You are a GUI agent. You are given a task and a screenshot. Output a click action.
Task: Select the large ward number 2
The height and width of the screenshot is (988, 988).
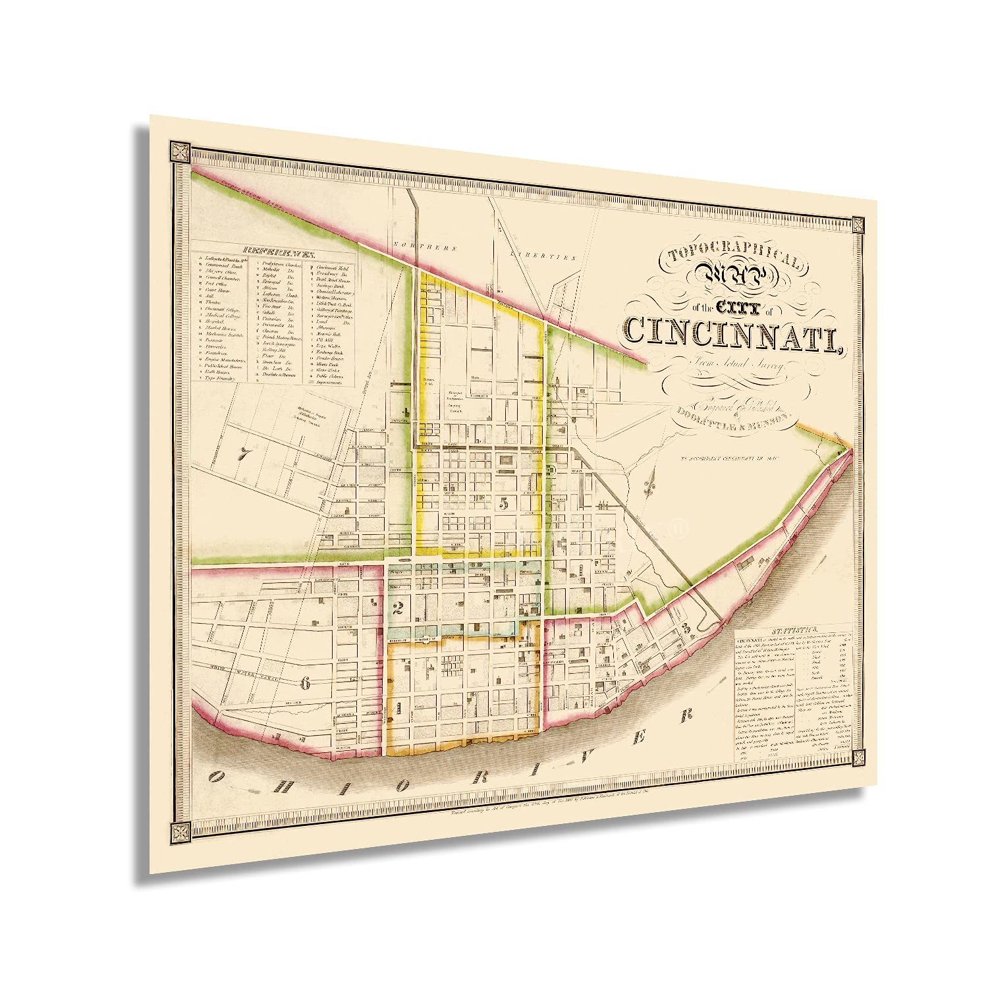click(397, 608)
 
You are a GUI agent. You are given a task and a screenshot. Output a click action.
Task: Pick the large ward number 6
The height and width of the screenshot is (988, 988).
click(304, 683)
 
